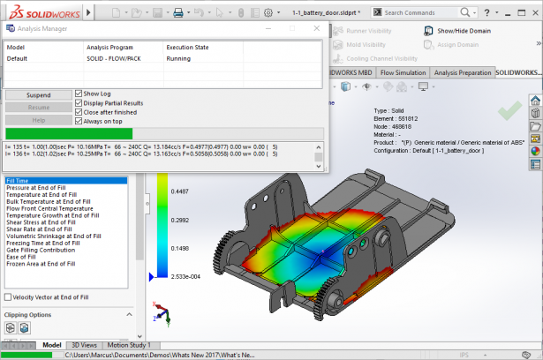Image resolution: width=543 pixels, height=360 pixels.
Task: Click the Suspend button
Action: click(37, 94)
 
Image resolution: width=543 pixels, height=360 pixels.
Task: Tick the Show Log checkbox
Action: click(79, 93)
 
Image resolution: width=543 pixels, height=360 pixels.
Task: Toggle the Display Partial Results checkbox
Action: click(79, 102)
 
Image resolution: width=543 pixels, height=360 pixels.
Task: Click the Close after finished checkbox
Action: click(79, 112)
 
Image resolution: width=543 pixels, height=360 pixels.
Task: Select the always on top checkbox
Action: click(79, 122)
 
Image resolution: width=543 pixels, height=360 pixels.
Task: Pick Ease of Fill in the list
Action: click(26, 257)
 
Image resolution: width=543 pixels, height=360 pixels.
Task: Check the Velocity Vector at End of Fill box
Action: click(9, 297)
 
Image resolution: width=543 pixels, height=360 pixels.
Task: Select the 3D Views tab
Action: click(84, 345)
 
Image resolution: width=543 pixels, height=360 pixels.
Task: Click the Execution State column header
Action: click(190, 47)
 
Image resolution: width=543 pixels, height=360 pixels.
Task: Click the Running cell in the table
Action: click(178, 58)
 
